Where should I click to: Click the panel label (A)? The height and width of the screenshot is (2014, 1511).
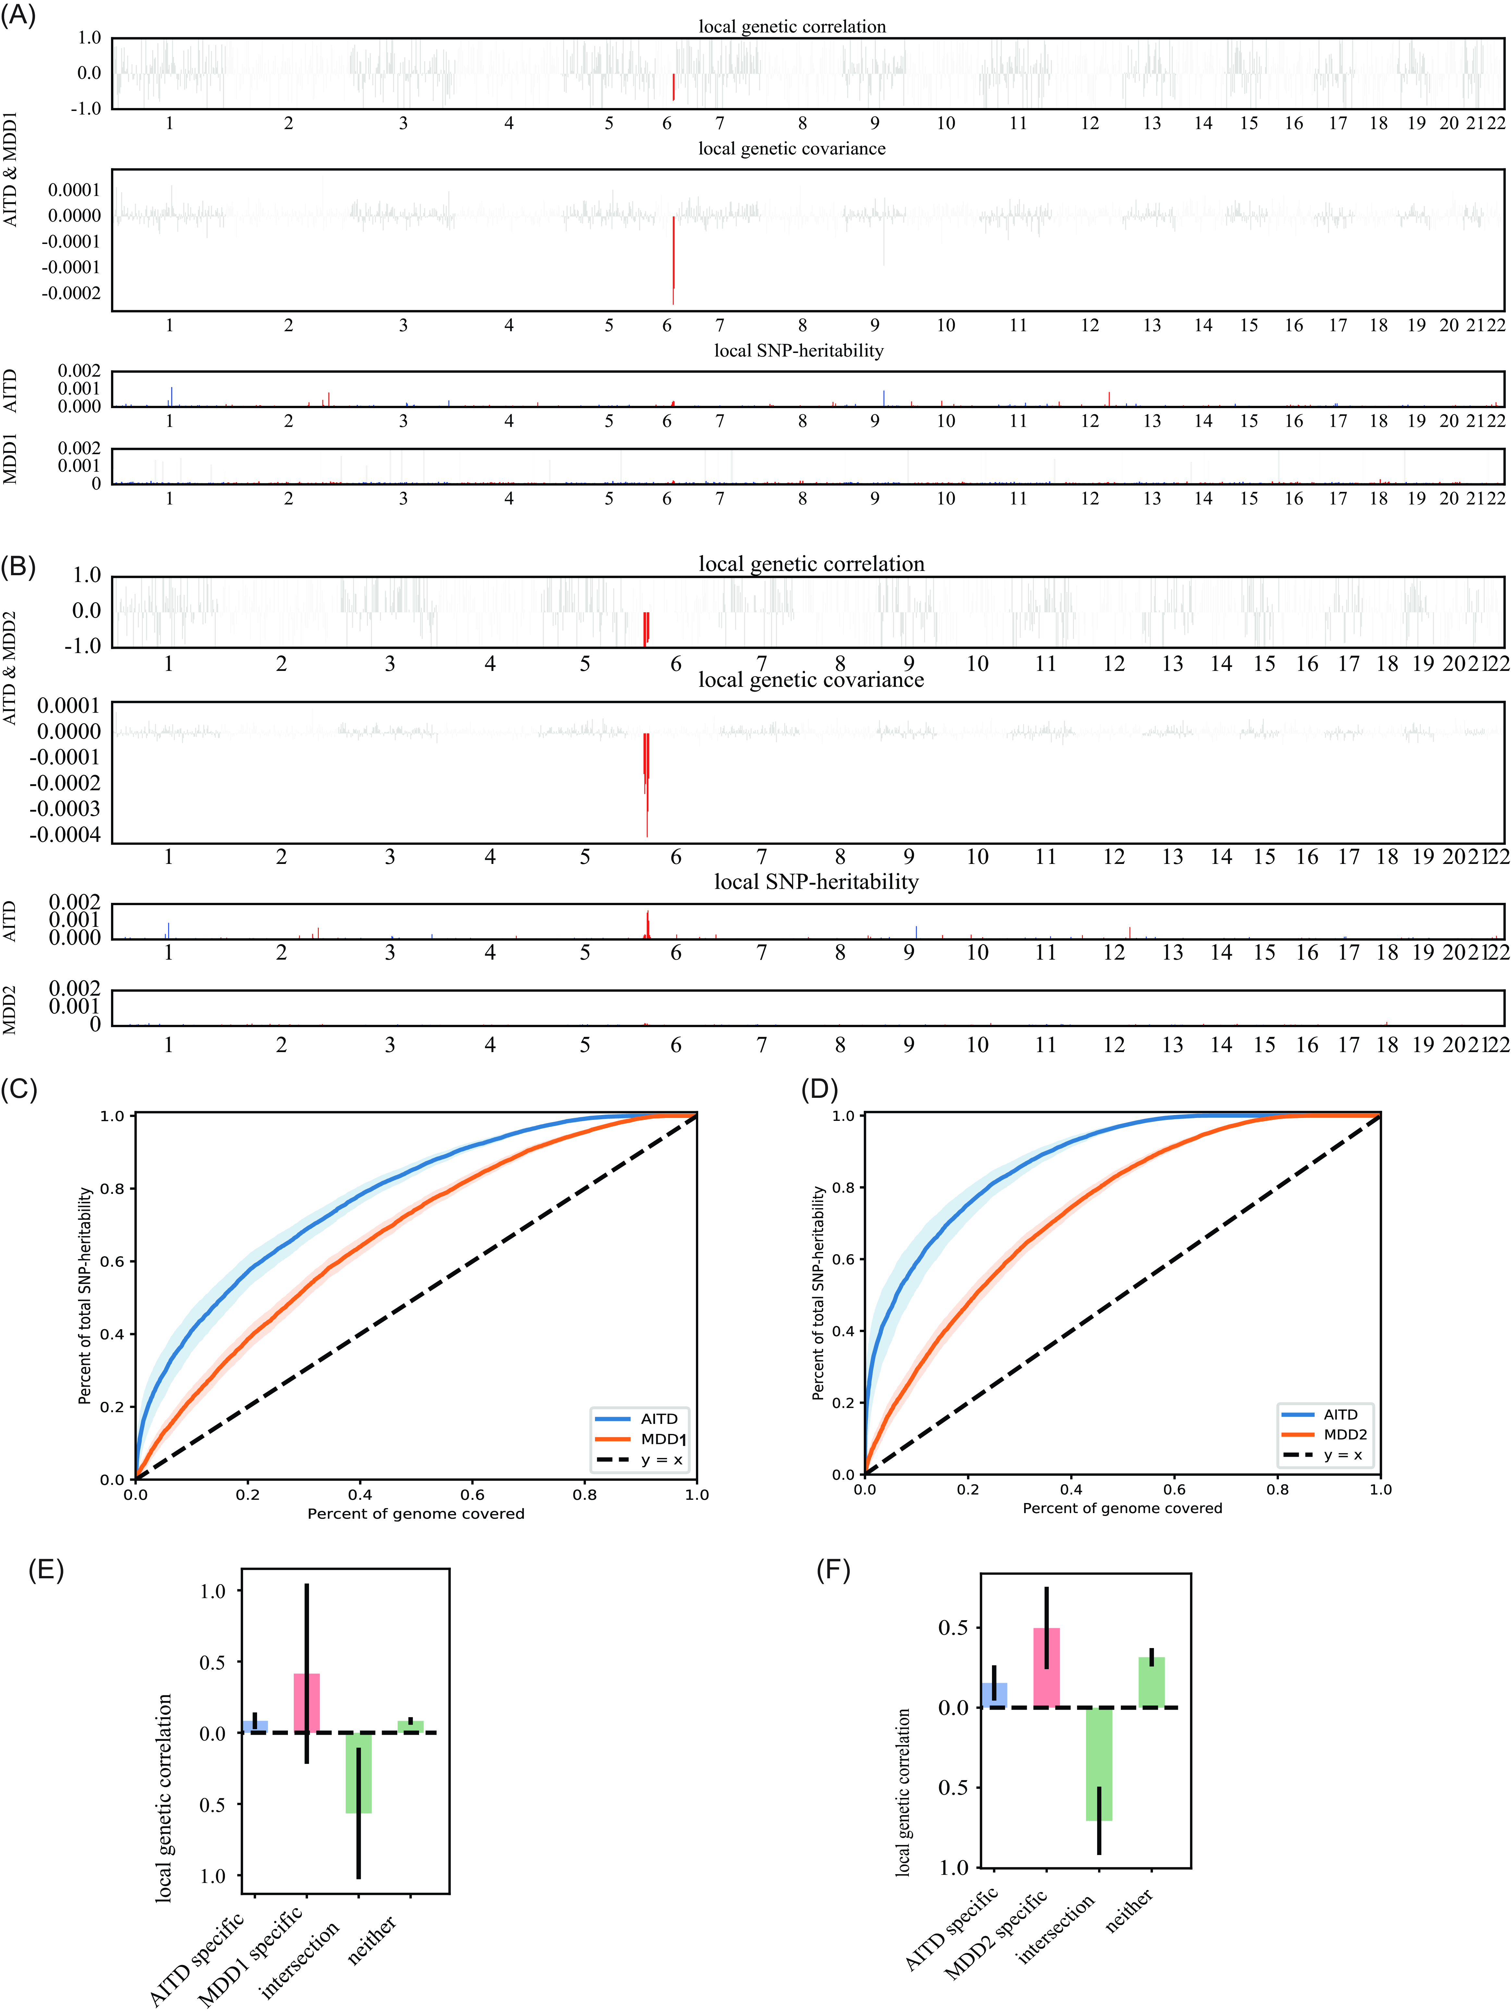[18, 17]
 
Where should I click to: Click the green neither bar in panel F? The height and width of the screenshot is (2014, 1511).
[1151, 1682]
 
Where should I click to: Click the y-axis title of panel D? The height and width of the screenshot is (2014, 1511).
[818, 1293]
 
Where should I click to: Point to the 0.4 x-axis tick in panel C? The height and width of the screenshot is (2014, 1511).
[360, 1494]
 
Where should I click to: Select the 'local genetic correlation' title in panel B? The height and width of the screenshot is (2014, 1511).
[811, 564]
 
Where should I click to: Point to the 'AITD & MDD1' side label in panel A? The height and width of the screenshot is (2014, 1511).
[11, 168]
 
